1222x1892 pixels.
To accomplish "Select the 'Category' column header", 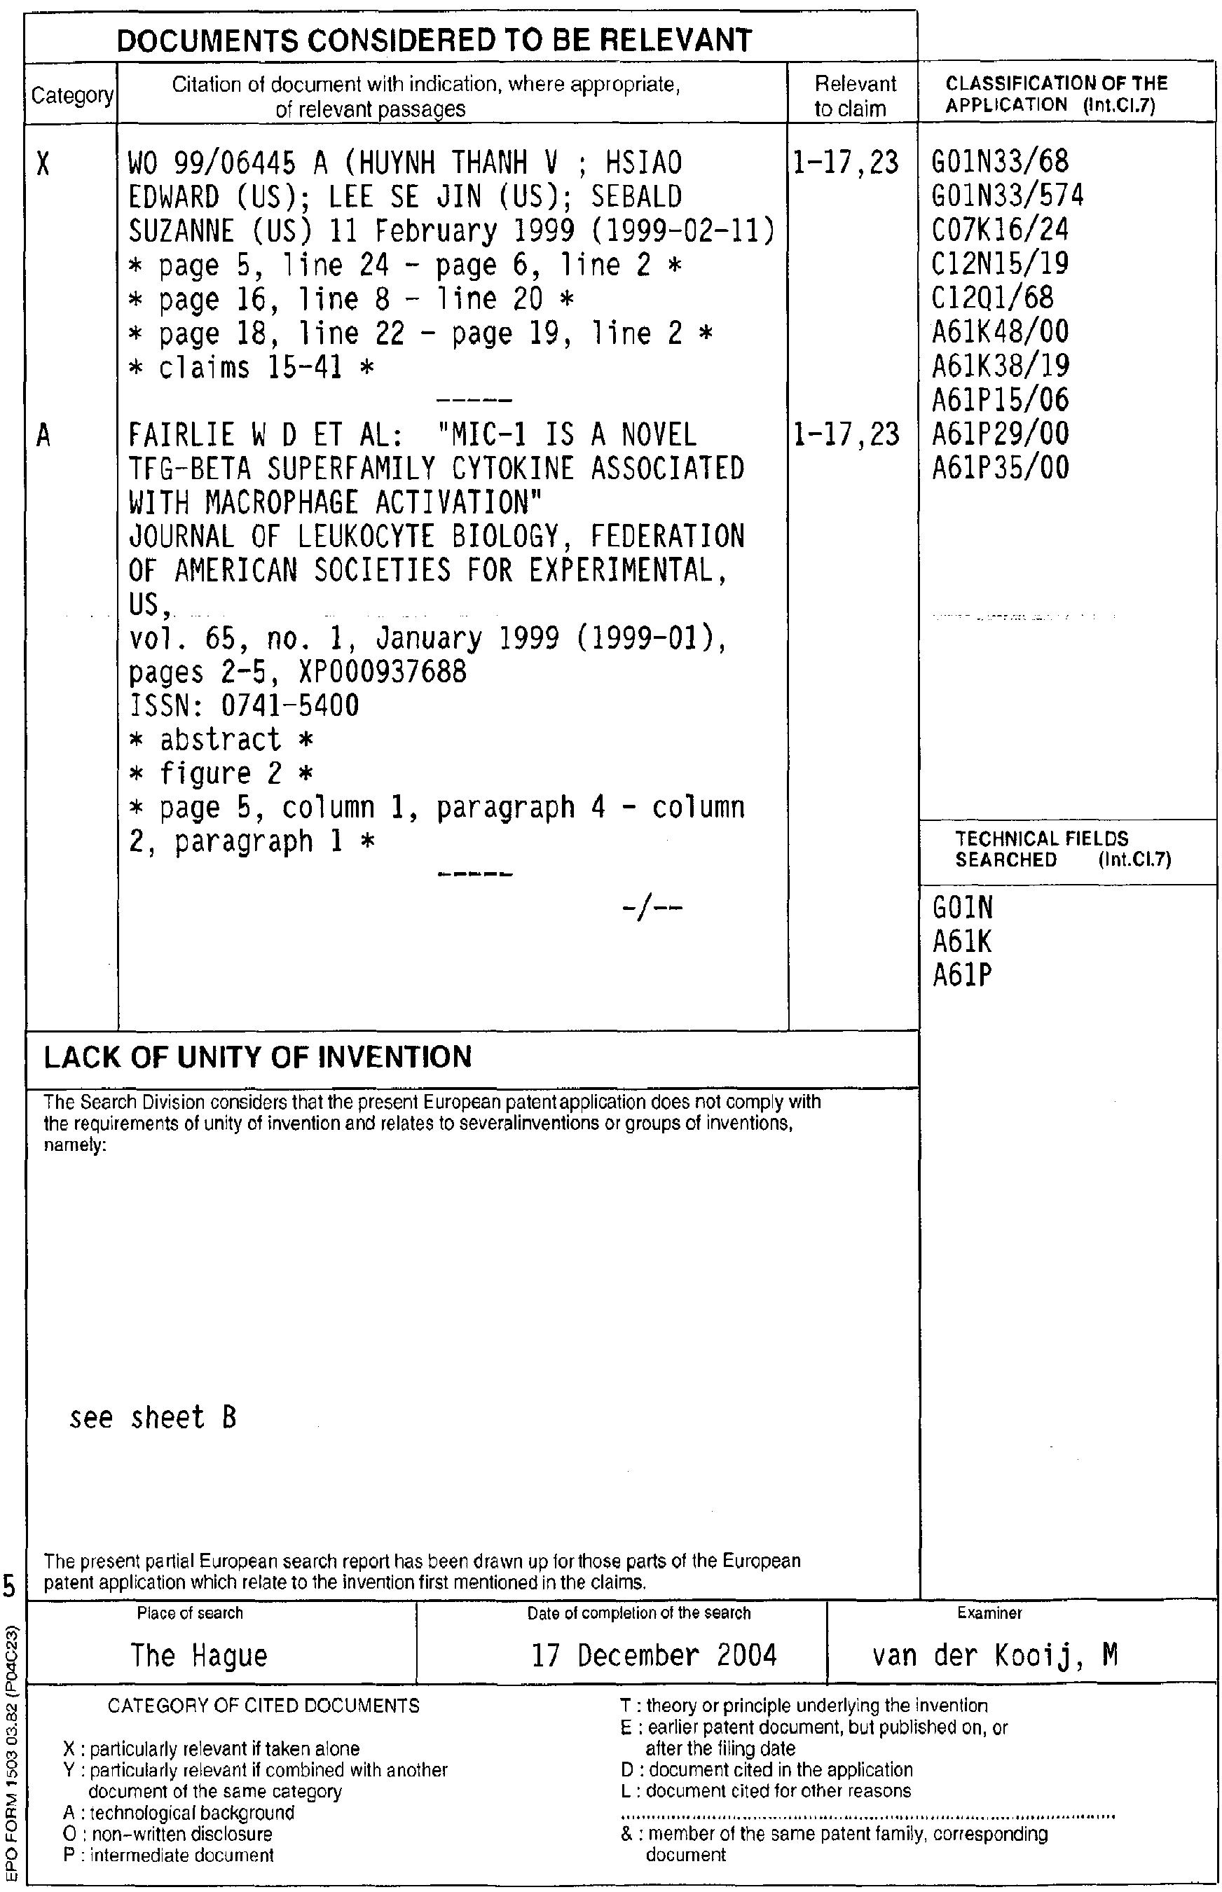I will pos(72,96).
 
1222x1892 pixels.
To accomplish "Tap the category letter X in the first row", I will pos(43,165).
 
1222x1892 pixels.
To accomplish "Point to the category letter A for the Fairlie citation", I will pos(43,436).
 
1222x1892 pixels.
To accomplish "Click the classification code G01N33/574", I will pos(1008,196).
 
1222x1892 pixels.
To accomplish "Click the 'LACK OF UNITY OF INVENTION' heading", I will pos(258,1058).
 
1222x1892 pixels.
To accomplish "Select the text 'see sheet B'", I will pos(153,1418).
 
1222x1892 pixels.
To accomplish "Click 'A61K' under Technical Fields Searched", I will pos(963,942).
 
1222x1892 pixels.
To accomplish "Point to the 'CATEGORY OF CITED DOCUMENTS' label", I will pos(263,1705).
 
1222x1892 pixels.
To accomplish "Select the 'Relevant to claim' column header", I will pos(855,96).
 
